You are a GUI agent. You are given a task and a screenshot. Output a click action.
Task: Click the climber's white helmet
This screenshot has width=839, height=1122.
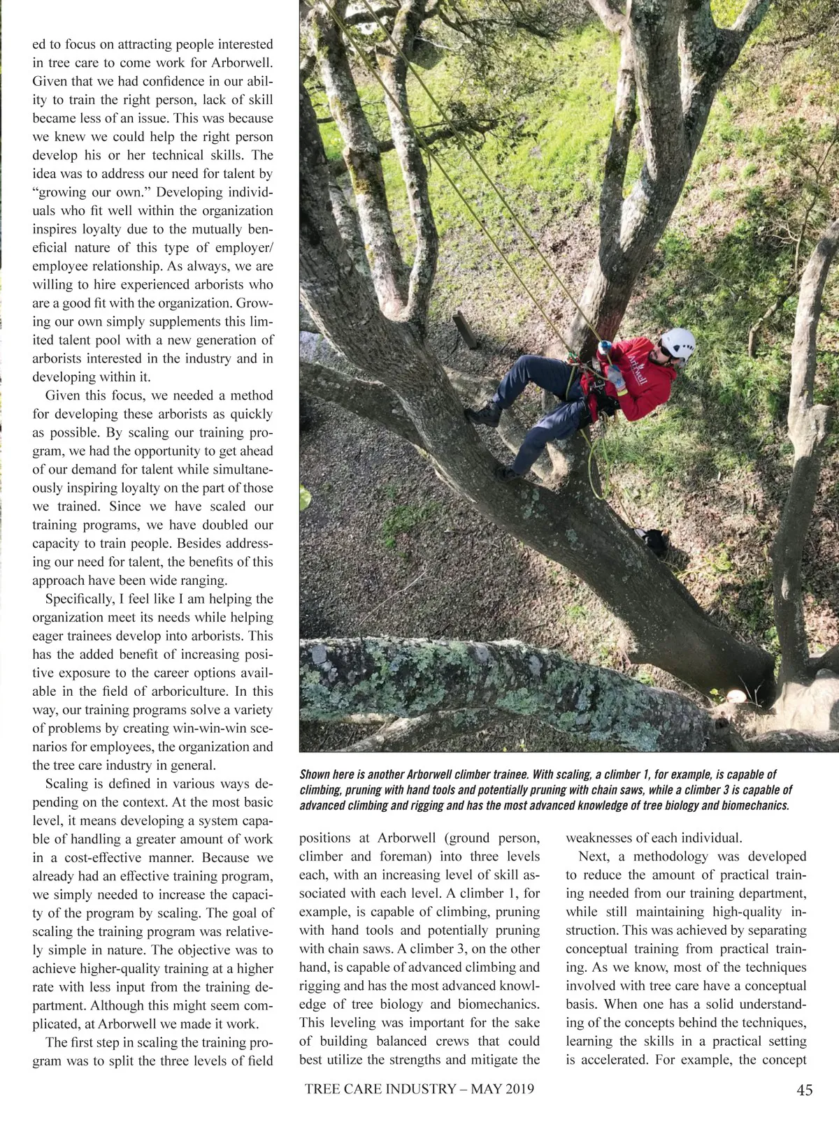pos(677,342)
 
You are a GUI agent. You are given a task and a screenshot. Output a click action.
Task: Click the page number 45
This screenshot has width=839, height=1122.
pos(804,1090)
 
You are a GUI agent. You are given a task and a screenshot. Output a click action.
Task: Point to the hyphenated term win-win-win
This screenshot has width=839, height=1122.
pos(206,728)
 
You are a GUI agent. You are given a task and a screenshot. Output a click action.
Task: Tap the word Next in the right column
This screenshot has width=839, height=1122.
pos(593,857)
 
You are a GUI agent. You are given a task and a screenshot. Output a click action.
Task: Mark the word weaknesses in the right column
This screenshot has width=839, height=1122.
pos(606,838)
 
